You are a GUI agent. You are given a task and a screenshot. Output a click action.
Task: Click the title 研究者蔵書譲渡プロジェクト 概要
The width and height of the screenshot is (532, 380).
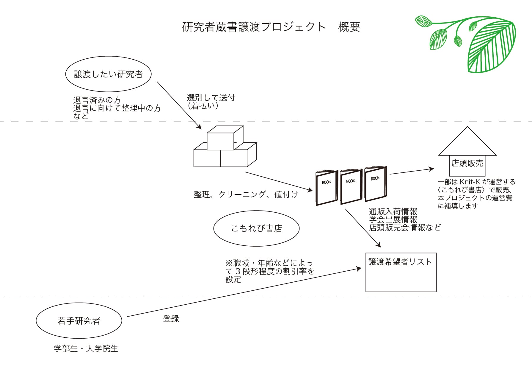(x=271, y=27)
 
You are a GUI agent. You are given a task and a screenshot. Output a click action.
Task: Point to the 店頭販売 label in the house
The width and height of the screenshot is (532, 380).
(x=467, y=163)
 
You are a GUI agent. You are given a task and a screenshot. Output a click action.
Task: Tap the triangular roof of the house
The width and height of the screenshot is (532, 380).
(x=453, y=141)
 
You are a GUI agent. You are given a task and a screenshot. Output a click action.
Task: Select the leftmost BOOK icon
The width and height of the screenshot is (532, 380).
(x=327, y=188)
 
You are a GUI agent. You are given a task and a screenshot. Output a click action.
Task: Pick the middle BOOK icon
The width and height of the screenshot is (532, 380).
(x=351, y=186)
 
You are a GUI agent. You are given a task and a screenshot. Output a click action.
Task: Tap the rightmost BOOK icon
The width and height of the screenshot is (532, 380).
(x=376, y=184)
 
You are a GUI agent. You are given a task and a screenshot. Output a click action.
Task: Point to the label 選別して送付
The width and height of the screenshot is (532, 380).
(x=211, y=98)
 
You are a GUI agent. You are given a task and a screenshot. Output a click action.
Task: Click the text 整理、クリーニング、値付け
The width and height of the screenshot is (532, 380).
(x=246, y=194)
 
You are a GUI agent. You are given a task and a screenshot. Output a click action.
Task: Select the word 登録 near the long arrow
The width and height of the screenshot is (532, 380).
(x=171, y=319)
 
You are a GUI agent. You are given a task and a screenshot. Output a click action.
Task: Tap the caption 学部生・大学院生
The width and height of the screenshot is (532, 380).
(x=86, y=348)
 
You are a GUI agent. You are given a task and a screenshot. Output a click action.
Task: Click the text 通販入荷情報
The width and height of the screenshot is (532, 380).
(x=393, y=211)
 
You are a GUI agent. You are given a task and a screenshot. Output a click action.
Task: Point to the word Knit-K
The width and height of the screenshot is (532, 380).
(x=470, y=182)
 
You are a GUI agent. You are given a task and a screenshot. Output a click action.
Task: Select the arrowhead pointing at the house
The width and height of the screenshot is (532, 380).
(x=431, y=169)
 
